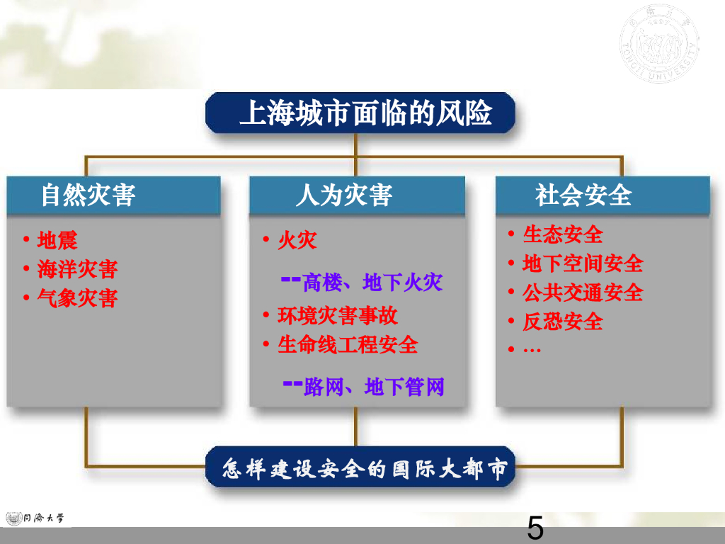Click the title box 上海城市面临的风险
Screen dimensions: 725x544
tap(360, 113)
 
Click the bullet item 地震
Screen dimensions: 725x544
tap(57, 240)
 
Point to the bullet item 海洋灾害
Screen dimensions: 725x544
tap(77, 269)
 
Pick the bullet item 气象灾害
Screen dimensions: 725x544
tap(77, 298)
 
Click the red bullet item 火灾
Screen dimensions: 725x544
tap(297, 240)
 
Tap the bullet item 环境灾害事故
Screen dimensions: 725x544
tap(338, 315)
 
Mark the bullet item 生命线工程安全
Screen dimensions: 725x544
tap(348, 345)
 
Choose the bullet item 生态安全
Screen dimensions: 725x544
tap(563, 234)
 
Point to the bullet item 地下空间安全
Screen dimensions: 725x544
tap(583, 263)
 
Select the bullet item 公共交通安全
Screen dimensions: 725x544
tap(583, 293)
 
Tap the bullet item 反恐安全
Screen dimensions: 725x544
tap(563, 322)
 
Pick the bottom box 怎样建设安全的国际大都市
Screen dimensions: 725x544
tap(360, 467)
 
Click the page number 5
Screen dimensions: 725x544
tap(535, 528)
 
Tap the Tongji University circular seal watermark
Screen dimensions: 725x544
tap(658, 44)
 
